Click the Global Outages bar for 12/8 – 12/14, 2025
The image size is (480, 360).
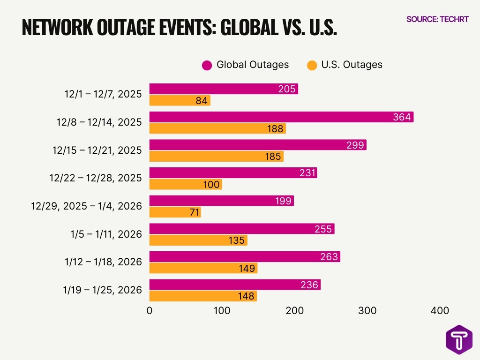pyautogui.click(x=281, y=117)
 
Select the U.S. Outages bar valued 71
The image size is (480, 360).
pyautogui.click(x=175, y=212)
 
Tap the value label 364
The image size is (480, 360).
pyautogui.click(x=402, y=117)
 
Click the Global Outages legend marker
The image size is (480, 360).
pyautogui.click(x=207, y=65)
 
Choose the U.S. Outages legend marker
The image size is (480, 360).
pyautogui.click(x=312, y=65)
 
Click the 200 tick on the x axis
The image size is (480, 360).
pyautogui.click(x=295, y=310)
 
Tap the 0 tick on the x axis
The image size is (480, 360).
pyautogui.click(x=150, y=310)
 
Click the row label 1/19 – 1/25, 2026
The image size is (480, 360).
pyautogui.click(x=102, y=290)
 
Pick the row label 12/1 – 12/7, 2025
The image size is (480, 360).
pyautogui.click(x=103, y=94)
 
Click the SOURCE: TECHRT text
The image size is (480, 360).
pyautogui.click(x=437, y=19)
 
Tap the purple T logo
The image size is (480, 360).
pyautogui.click(x=459, y=339)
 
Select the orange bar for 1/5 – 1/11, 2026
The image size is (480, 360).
pyautogui.click(x=198, y=240)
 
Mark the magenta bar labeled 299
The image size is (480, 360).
pyautogui.click(x=258, y=145)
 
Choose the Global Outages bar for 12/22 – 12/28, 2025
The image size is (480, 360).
pyautogui.click(x=233, y=173)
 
